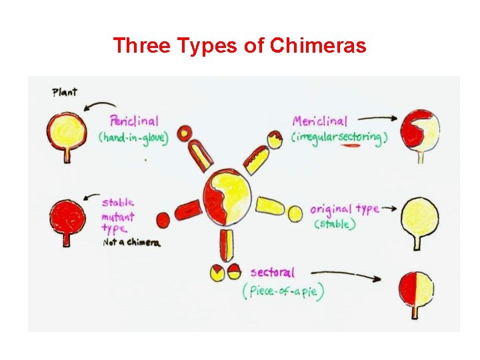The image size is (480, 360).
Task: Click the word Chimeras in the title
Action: [x=318, y=45]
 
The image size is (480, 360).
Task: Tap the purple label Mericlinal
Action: [x=319, y=121]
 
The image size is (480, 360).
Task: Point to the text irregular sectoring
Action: [x=340, y=137]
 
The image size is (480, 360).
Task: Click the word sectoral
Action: [x=272, y=272]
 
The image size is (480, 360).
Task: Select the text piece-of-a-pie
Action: [x=284, y=292]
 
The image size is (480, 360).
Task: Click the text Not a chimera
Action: [x=132, y=243]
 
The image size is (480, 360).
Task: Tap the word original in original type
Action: [x=331, y=209]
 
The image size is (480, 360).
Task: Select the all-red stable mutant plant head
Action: [x=68, y=216]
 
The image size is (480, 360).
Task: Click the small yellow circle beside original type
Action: [x=295, y=213]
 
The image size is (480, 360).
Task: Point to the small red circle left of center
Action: [x=163, y=219]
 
